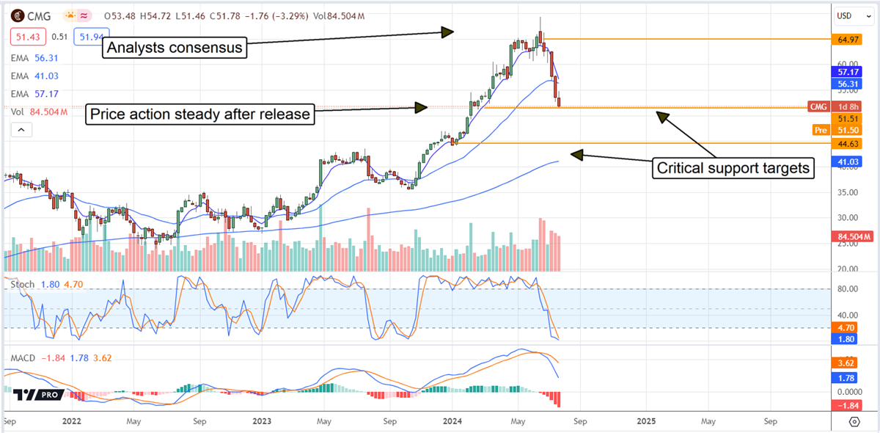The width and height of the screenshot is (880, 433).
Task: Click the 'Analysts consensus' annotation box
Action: point(175,49)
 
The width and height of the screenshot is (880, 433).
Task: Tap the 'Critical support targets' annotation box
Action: point(734,168)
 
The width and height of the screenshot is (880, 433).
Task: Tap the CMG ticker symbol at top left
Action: point(41,15)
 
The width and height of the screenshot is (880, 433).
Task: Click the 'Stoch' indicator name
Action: point(21,283)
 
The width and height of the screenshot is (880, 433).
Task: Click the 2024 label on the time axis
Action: point(452,422)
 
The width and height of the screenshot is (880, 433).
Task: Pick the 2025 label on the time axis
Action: point(646,422)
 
